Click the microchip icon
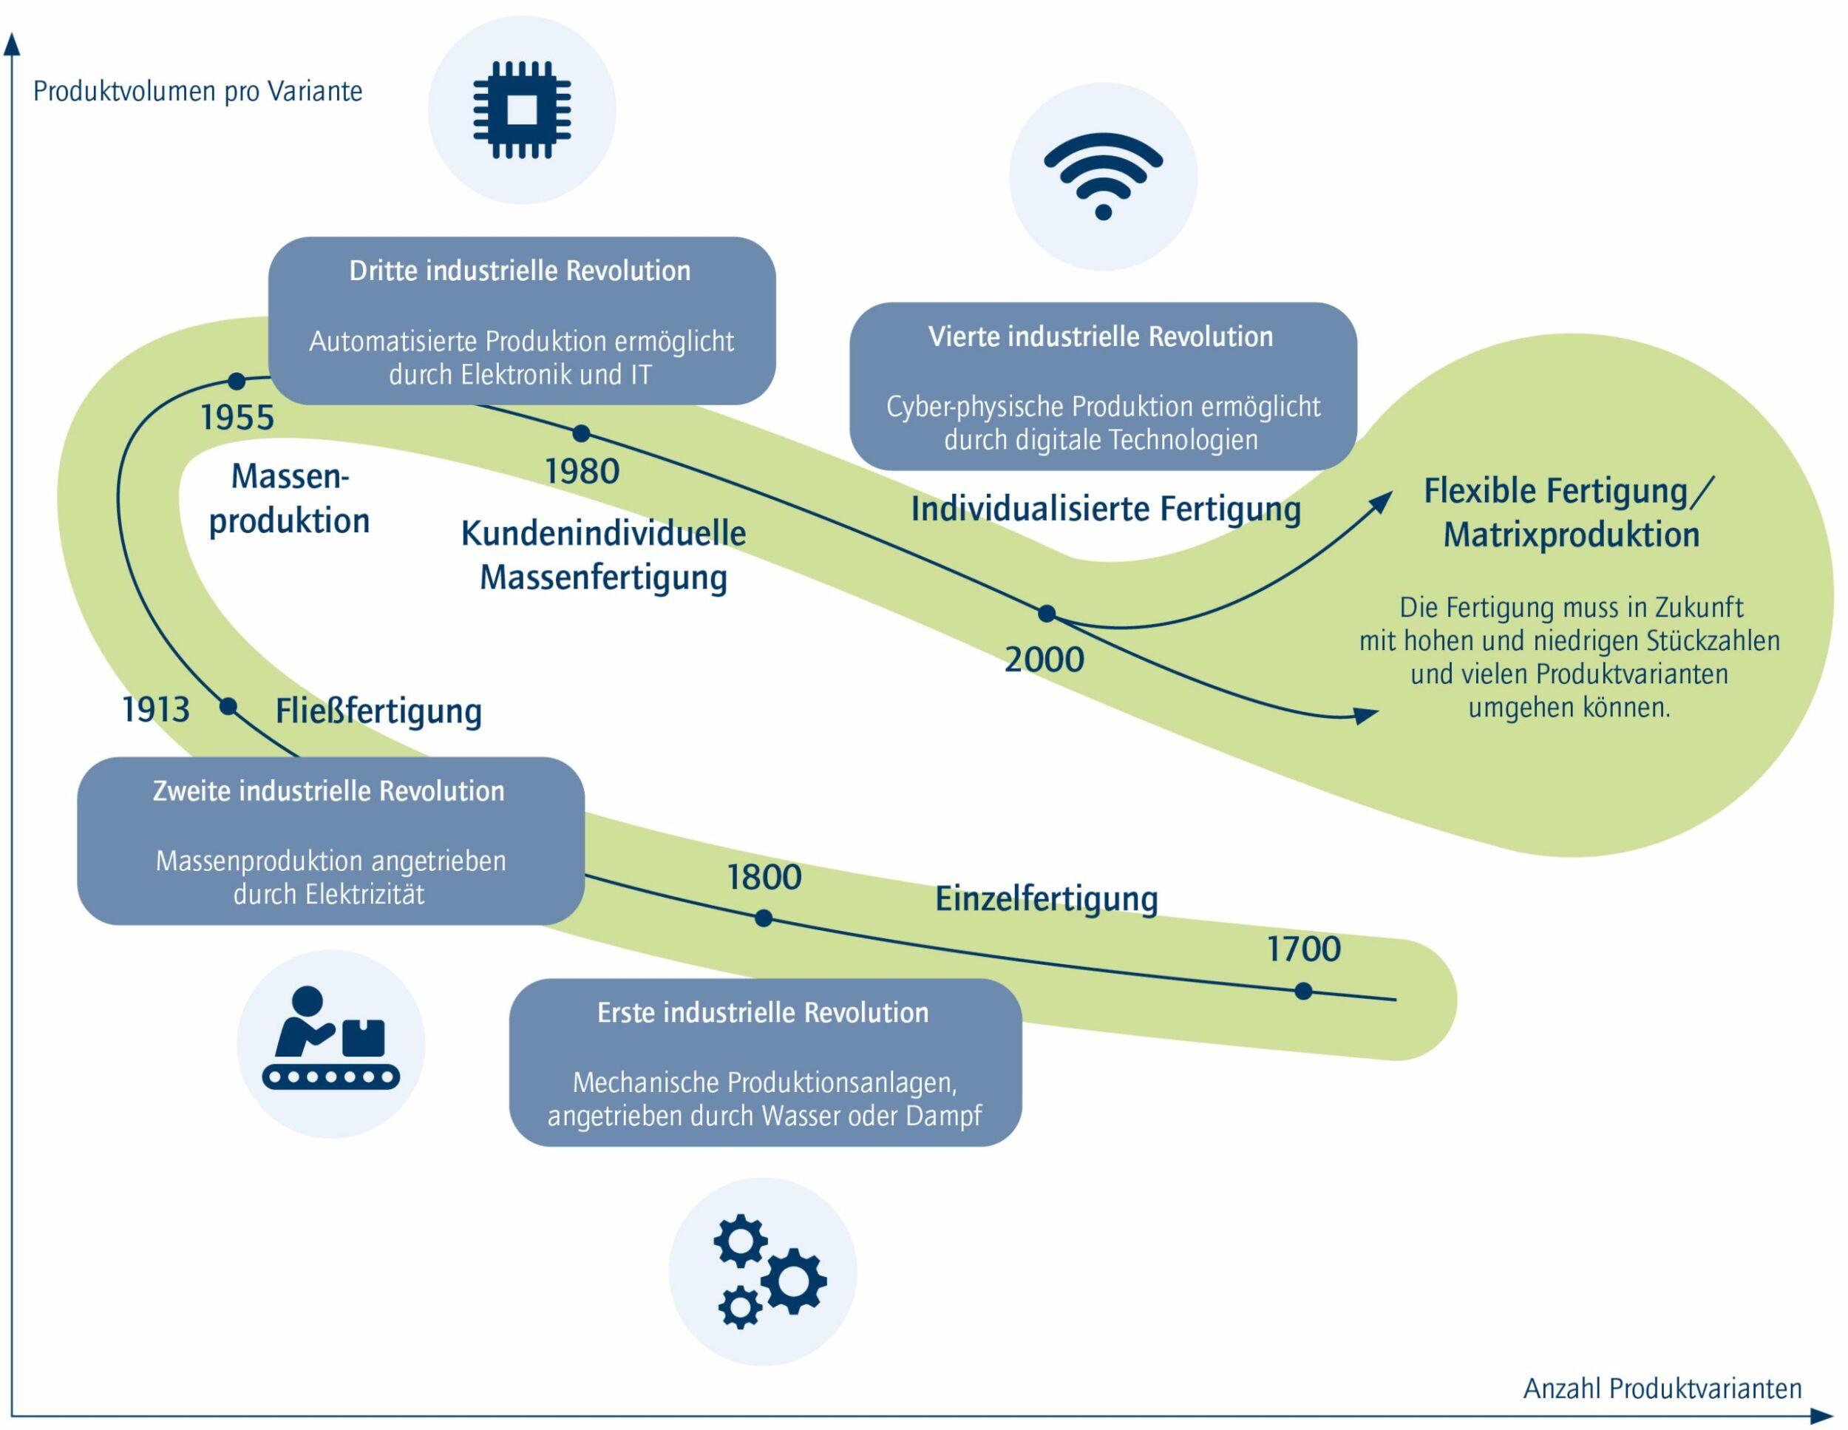coord(521,109)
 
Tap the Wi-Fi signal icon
coord(1103,176)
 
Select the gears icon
coord(766,1271)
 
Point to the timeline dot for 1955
coord(237,382)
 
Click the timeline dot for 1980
coord(581,433)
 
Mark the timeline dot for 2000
coord(1047,614)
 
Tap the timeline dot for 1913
coord(228,707)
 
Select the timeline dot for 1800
coord(764,918)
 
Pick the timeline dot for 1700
coord(1303,991)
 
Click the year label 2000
coord(1044,660)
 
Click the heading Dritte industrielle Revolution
coord(520,271)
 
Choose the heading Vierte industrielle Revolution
coord(1100,336)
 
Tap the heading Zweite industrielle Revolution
coord(328,791)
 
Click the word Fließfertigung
coord(378,711)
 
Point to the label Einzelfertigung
coord(1046,898)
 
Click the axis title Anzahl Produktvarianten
coord(1662,1388)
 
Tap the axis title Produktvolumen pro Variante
coord(197,92)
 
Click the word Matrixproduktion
coord(1571,535)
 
